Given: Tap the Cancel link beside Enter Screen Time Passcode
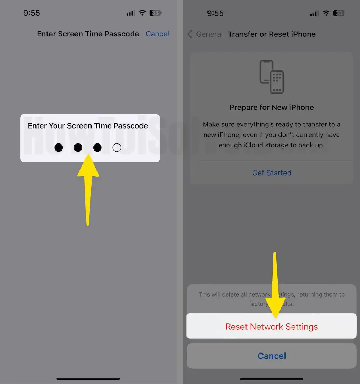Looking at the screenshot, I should pyautogui.click(x=157, y=34).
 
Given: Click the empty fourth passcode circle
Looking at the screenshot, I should pyautogui.click(x=117, y=147).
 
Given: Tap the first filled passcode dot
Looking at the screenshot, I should pyautogui.click(x=59, y=147).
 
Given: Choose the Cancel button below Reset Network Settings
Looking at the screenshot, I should pyautogui.click(x=272, y=356).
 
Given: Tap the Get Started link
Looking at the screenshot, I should pyautogui.click(x=272, y=173).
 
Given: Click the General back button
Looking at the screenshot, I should pyautogui.click(x=205, y=34).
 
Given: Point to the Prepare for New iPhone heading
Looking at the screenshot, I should pyautogui.click(x=272, y=107).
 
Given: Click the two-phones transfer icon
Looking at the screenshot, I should pyautogui.click(x=272, y=77).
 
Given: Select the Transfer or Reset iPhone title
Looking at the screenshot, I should pyautogui.click(x=272, y=34).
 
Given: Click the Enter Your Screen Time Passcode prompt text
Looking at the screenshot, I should pyautogui.click(x=88, y=126).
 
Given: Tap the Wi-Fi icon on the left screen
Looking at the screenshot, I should pyautogui.click(x=142, y=13).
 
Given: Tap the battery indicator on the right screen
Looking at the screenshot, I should pyautogui.click(x=339, y=13).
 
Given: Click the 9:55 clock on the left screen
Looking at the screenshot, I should pyautogui.click(x=32, y=13).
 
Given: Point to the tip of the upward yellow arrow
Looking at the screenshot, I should pyautogui.click(x=88, y=156).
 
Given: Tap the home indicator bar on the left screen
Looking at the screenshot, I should pyautogui.click(x=88, y=379).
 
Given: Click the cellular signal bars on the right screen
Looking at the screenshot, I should pyautogui.click(x=314, y=13).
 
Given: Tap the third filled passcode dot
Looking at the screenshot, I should pyautogui.click(x=97, y=147).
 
